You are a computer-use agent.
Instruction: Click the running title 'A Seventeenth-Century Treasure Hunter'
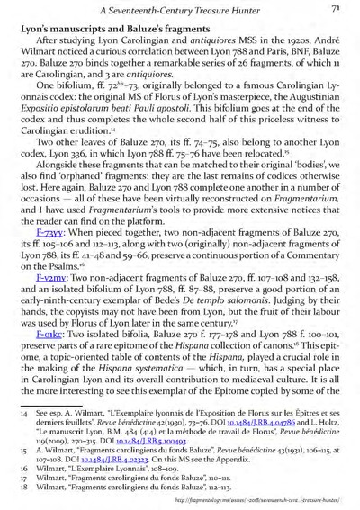pos(189,10)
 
